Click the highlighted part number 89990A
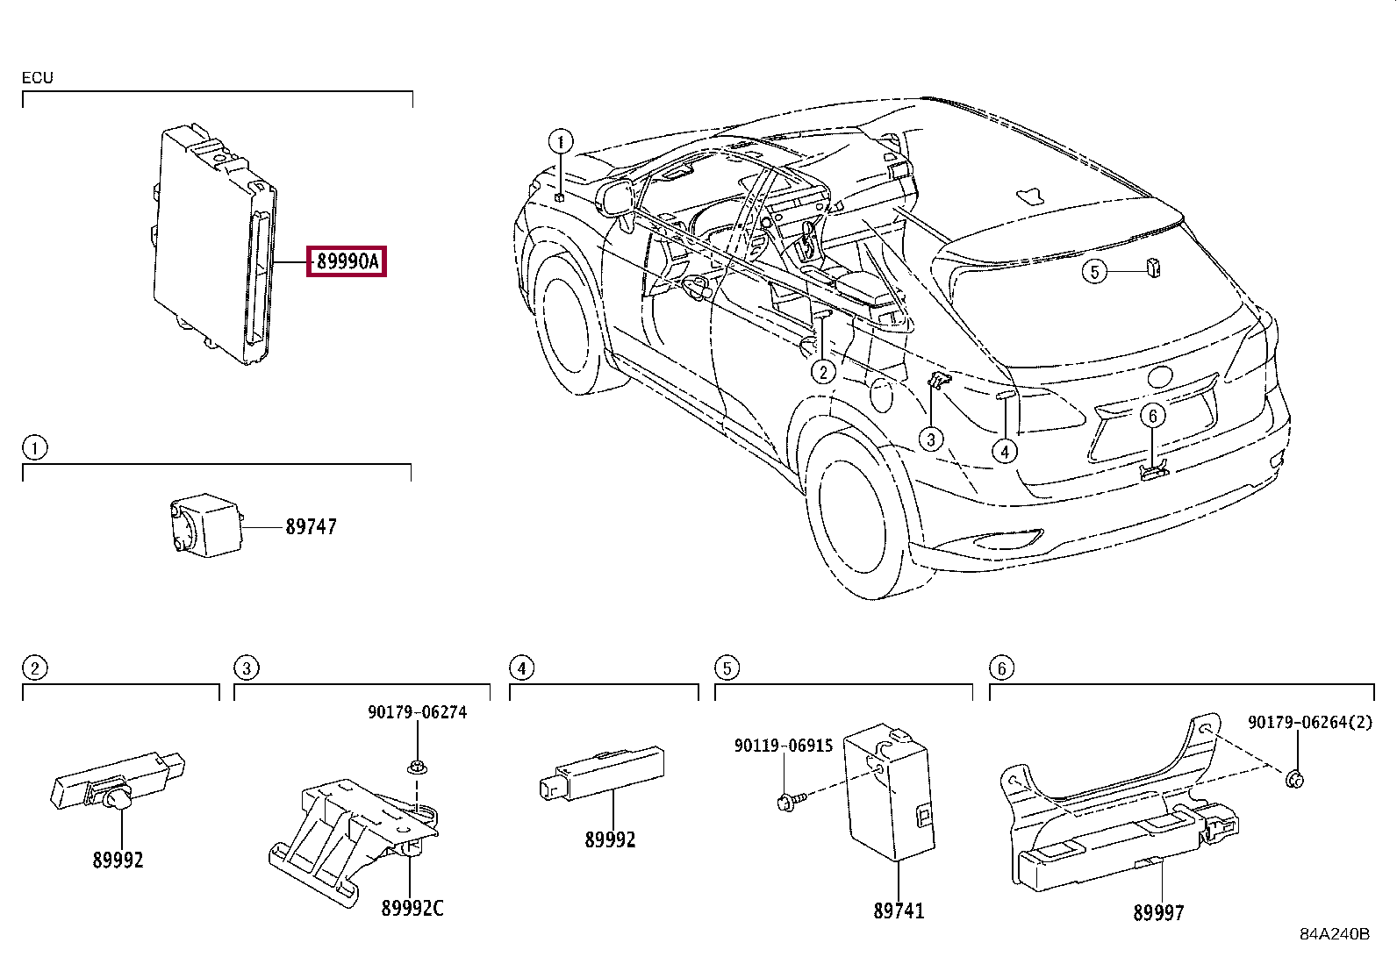[x=347, y=261]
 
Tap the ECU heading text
[x=38, y=77]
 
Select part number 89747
[x=312, y=527]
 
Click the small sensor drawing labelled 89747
[x=206, y=525]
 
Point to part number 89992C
[x=412, y=908]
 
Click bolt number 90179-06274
[x=417, y=712]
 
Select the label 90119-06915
[x=784, y=745]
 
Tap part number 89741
[x=899, y=910]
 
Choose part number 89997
[x=1158, y=912]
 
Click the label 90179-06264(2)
[x=1310, y=722]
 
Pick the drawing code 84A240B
[x=1335, y=934]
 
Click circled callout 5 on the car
[x=1094, y=272]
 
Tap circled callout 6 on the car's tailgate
[x=1152, y=415]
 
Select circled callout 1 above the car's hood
[x=561, y=141]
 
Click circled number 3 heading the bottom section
[x=247, y=668]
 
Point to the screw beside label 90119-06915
[x=792, y=801]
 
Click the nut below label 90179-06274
[x=417, y=768]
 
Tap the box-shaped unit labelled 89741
[x=889, y=792]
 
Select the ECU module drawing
[x=215, y=244]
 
